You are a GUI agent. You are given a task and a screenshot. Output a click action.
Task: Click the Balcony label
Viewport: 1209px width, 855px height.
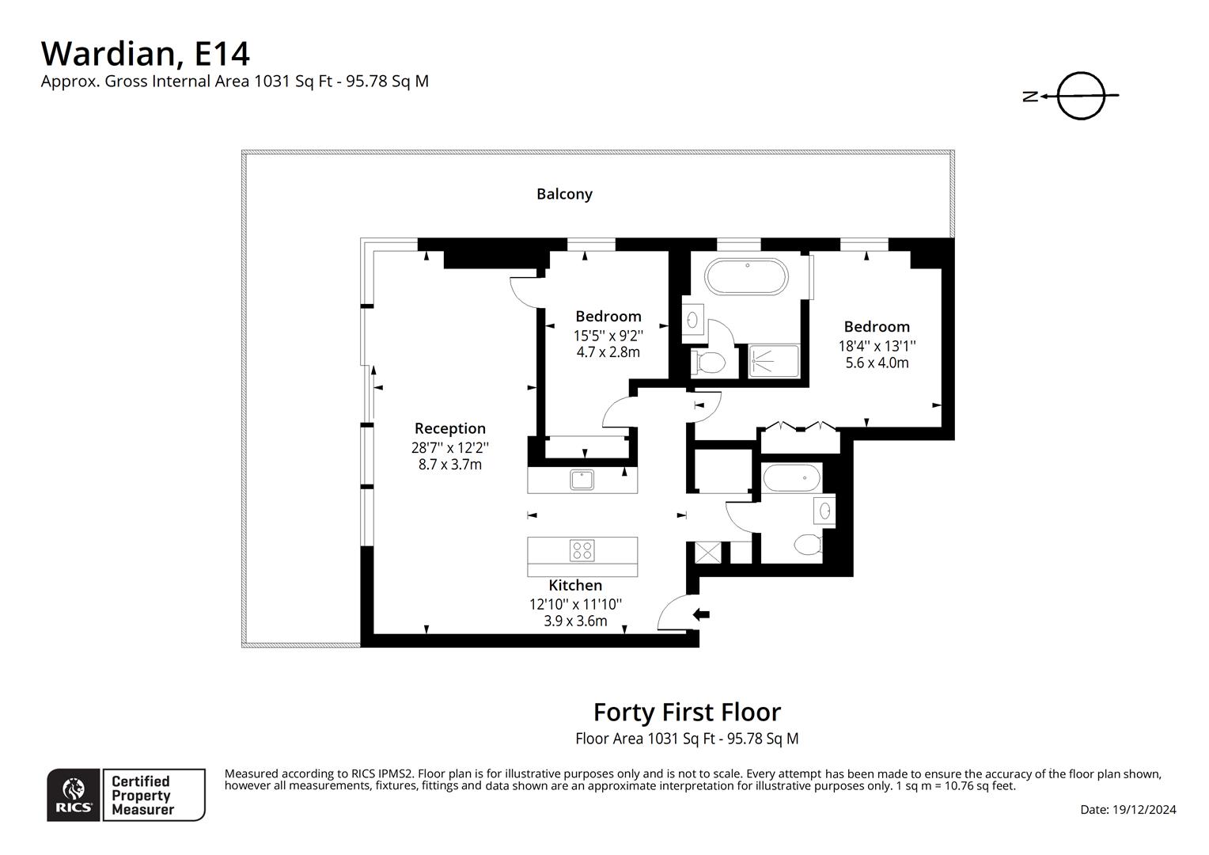pos(564,194)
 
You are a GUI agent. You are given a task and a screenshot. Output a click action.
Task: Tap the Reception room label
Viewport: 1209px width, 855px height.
pos(449,428)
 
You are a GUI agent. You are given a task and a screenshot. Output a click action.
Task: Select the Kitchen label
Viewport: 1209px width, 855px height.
pos(575,585)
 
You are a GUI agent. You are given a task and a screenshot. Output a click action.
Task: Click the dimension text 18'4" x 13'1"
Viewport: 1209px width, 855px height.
pos(877,345)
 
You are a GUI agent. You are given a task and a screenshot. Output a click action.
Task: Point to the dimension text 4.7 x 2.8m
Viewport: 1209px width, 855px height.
pos(608,352)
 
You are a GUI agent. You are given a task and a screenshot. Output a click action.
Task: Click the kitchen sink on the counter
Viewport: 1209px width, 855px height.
pos(582,480)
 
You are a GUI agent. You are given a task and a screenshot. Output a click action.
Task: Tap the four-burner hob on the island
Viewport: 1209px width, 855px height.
pos(582,550)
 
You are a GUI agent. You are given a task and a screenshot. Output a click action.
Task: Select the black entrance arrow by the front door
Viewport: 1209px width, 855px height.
pos(701,614)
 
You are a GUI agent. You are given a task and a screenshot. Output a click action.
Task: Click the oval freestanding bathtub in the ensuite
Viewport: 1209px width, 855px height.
pos(746,276)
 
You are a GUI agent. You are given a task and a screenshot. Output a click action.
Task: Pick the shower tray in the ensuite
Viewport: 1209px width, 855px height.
pos(773,361)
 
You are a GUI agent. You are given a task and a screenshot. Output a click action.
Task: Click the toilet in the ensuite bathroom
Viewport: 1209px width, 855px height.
pos(708,363)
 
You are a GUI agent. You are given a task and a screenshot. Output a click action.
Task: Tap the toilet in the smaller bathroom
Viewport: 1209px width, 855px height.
pos(808,545)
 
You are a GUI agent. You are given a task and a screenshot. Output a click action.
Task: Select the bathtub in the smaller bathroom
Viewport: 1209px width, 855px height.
pos(792,478)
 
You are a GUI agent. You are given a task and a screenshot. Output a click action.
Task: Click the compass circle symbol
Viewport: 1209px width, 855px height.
pos(1081,96)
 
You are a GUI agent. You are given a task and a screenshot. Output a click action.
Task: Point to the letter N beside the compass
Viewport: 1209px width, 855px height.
pos(1030,97)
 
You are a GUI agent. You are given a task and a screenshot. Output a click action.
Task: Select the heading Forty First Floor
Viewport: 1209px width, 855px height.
pos(687,712)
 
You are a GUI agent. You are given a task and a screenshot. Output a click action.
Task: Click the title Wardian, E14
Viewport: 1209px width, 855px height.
pos(146,53)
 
